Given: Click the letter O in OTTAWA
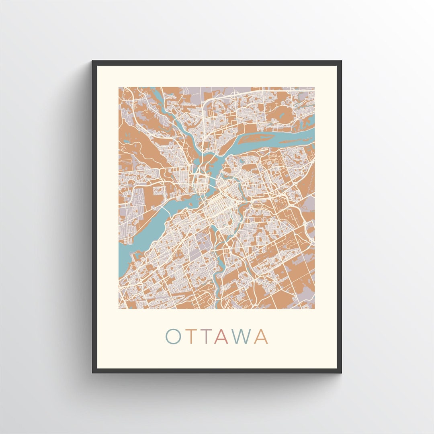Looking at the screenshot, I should [x=174, y=337].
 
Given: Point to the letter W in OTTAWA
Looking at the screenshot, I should [x=242, y=337].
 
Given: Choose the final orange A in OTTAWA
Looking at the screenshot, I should [x=261, y=337].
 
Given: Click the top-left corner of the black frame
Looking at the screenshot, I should [x=93, y=61].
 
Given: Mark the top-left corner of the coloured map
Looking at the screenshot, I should [x=119, y=87].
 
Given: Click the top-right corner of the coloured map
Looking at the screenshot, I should [x=315, y=87].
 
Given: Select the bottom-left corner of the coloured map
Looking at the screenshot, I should [x=119, y=309].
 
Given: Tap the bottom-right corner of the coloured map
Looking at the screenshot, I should [x=315, y=309].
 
